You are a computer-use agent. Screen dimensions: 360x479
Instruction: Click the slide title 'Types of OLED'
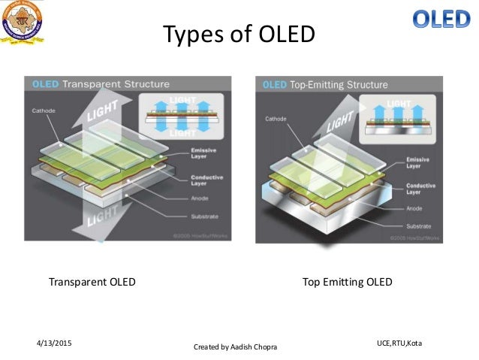tap(239, 35)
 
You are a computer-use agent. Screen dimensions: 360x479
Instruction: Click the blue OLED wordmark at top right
tap(441, 20)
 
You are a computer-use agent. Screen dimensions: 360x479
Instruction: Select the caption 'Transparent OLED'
tap(92, 283)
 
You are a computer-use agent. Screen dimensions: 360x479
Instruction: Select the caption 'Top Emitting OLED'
tap(347, 283)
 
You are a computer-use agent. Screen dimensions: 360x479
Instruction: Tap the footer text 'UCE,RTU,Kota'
tap(399, 343)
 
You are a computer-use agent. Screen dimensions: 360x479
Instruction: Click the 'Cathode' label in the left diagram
tap(43, 110)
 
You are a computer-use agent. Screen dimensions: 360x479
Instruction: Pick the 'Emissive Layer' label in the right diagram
tap(417, 163)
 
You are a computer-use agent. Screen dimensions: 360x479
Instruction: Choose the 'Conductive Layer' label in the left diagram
tap(203, 179)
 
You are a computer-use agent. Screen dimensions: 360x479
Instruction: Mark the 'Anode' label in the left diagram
tap(198, 199)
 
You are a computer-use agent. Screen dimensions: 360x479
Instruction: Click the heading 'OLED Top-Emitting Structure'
tap(325, 84)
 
